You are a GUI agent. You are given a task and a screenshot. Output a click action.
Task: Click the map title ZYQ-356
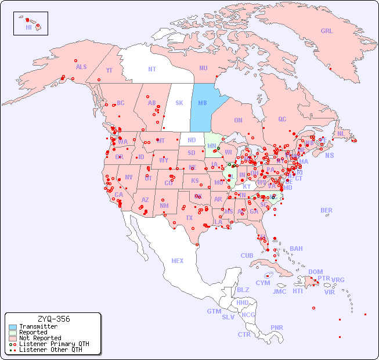(x=53, y=319)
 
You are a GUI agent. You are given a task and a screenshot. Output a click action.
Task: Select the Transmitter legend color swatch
(x=13, y=327)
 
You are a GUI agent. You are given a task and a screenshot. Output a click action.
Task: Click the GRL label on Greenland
(x=327, y=31)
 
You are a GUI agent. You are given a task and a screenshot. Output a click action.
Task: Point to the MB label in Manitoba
(x=203, y=103)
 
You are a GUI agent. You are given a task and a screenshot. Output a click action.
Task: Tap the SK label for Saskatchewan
(x=179, y=103)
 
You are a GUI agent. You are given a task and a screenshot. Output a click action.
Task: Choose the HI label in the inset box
(x=28, y=27)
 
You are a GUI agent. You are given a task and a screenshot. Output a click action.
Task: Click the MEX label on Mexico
(x=178, y=261)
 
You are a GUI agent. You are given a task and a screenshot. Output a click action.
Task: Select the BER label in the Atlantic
(x=326, y=210)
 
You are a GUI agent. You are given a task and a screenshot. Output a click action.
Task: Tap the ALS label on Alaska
(x=81, y=67)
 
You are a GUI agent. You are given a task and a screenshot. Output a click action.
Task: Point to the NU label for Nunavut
(x=203, y=69)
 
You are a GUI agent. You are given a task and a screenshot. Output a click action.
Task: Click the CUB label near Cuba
(x=247, y=255)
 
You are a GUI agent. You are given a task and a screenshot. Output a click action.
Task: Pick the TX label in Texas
(x=189, y=218)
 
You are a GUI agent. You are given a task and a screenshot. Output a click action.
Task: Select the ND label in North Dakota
(x=192, y=140)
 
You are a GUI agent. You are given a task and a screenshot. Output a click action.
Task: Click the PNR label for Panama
(x=277, y=327)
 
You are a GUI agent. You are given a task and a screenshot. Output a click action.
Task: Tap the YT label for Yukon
(x=109, y=70)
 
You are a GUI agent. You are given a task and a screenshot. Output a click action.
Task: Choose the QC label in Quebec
(x=282, y=120)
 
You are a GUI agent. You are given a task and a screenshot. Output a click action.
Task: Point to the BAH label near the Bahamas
(x=296, y=249)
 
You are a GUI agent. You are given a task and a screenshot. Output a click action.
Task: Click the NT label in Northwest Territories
(x=152, y=69)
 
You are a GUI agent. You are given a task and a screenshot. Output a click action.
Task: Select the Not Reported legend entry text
(x=40, y=338)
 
